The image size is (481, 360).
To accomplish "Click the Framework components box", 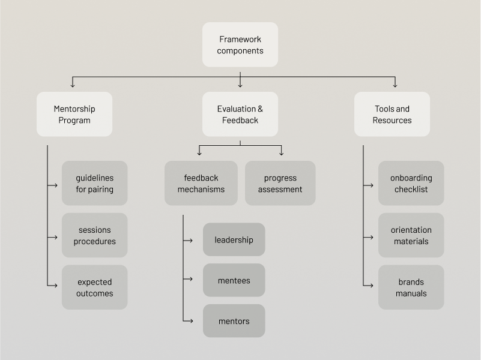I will point(240,45).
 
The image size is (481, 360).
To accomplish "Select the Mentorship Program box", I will point(74,114).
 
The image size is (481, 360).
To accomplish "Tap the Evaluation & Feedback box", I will point(240,114).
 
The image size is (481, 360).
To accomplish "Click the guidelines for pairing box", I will point(94,183).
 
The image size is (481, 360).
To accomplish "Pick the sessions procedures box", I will point(94,235).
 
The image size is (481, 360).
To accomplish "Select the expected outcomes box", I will point(94,287).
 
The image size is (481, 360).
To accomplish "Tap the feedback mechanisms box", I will point(201,183).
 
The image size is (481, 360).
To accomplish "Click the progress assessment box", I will point(280,183).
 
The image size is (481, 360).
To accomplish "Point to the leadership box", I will point(234,240).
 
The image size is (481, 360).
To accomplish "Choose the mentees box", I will point(234,280).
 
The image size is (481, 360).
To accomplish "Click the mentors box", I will point(234,321).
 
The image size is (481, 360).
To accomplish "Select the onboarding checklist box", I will point(411,183).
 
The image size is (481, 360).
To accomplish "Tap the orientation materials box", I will point(411,235).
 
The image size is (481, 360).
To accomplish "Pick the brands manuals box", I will point(411,287).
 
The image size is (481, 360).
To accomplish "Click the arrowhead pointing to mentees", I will point(190,279).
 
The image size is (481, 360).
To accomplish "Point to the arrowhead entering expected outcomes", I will point(55,286).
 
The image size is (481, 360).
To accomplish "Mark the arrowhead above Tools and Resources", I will point(395,85).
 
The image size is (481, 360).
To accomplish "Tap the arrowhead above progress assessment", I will point(281,154).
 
